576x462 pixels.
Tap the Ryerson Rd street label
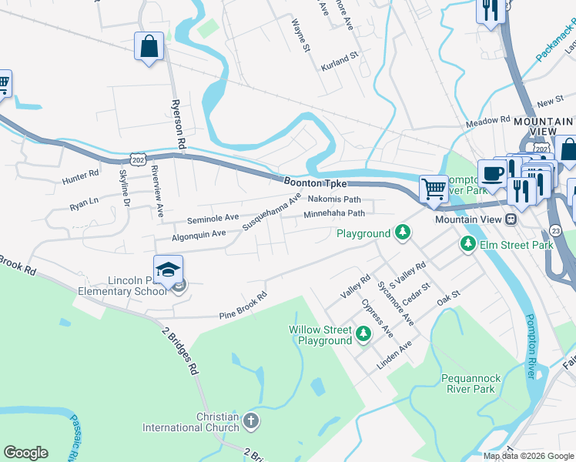coord(177,124)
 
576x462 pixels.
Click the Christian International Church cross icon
coord(249,421)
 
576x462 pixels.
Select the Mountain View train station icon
coord(510,220)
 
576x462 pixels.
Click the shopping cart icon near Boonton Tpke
coord(434,187)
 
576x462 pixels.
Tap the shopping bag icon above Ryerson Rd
coord(149,45)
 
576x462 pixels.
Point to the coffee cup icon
coord(491,172)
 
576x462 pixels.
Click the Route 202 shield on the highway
coord(138,159)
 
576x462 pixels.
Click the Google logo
coord(25,453)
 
